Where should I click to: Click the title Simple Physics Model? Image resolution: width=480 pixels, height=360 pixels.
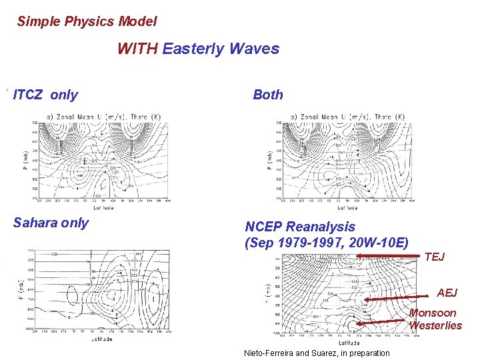(87, 21)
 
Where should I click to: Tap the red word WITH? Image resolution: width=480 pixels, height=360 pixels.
(138, 49)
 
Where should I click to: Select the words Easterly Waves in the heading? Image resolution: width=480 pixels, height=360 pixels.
(221, 49)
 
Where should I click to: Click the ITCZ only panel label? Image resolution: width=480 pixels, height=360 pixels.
(45, 95)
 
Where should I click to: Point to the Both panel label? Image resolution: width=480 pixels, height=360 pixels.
(268, 95)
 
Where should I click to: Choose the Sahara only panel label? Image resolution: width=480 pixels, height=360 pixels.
(51, 223)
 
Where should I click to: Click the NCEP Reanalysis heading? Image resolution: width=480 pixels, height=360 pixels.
(300, 227)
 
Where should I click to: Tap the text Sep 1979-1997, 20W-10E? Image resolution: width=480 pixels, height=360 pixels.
(327, 242)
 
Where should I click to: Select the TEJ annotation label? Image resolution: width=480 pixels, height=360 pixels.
(434, 257)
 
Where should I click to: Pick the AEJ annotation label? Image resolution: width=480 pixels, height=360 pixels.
(448, 293)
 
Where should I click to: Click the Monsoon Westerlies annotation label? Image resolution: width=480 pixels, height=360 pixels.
(435, 319)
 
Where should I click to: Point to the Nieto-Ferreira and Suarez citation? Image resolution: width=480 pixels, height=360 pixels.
(317, 353)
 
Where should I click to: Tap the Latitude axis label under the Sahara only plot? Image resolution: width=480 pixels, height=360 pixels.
(102, 339)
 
